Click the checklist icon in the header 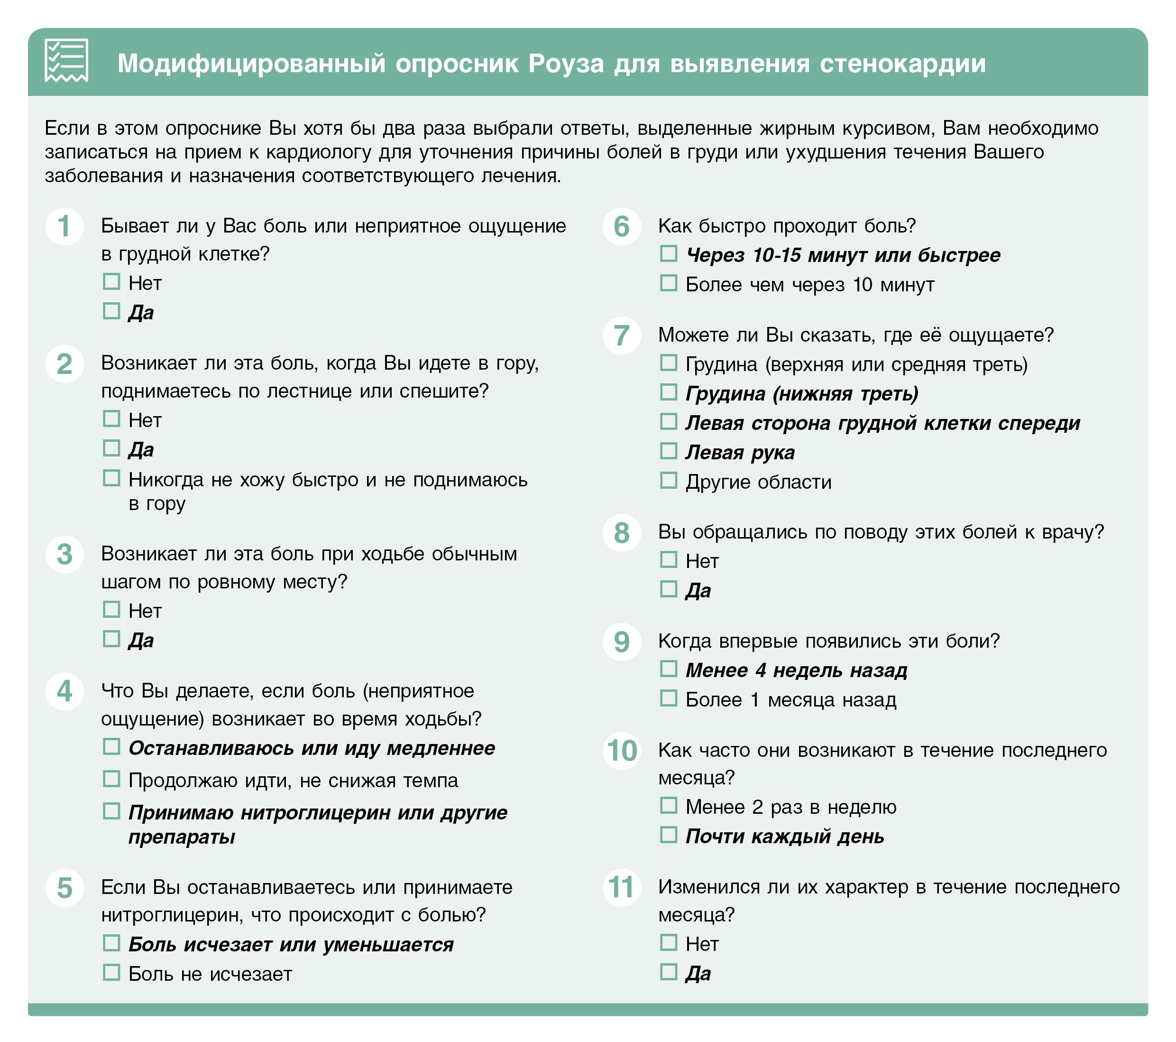click(x=66, y=60)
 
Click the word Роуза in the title click(x=566, y=63)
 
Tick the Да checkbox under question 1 click(x=111, y=311)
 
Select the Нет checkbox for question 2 click(x=111, y=419)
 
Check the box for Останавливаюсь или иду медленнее click(x=111, y=747)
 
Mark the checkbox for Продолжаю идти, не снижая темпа click(x=111, y=780)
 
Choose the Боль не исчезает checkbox click(x=111, y=973)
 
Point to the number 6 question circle click(x=621, y=227)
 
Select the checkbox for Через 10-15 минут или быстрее click(x=668, y=254)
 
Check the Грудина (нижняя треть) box click(x=668, y=392)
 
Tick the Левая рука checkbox click(x=668, y=451)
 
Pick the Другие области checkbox click(x=668, y=481)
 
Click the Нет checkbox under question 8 click(x=668, y=559)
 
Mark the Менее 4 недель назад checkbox click(x=668, y=669)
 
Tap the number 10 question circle click(x=621, y=751)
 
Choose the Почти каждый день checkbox click(x=668, y=835)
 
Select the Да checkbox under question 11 click(x=668, y=972)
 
